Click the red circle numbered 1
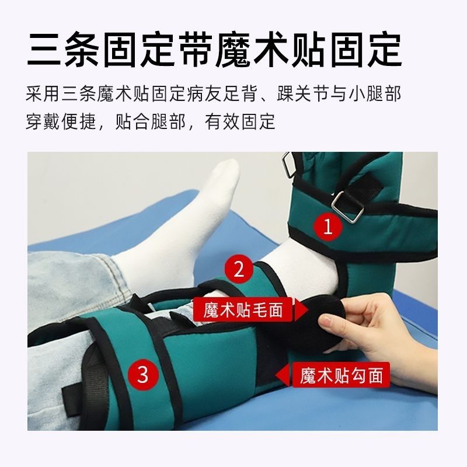pyautogui.click(x=328, y=227)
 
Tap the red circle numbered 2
pyautogui.click(x=239, y=269)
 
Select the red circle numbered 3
pyautogui.click(x=142, y=374)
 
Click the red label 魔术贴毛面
pyautogui.click(x=243, y=309)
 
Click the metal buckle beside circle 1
pyautogui.click(x=347, y=207)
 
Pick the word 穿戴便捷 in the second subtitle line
pyautogui.click(x=61, y=121)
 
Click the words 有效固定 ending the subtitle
pyautogui.click(x=240, y=121)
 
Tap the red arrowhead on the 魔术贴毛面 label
pyautogui.click(x=301, y=310)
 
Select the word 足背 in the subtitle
pyautogui.click(x=241, y=93)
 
